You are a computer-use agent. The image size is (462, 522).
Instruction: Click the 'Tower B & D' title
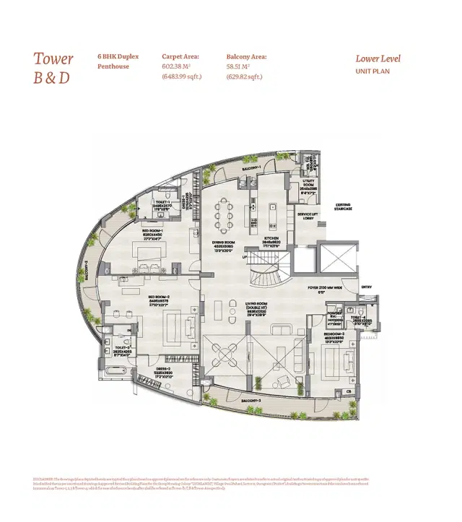53,68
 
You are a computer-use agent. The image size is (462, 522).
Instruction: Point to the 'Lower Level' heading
378,59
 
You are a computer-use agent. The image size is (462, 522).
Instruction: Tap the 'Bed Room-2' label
158,297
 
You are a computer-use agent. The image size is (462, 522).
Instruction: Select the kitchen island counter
274,214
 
